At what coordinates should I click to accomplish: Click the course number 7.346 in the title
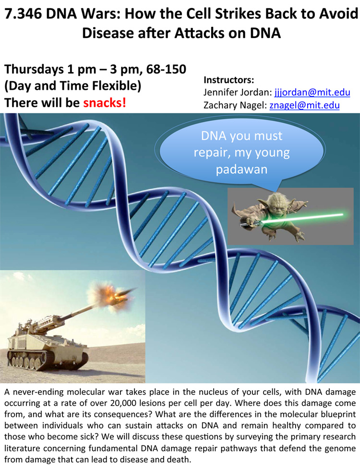pyautogui.click(x=23, y=14)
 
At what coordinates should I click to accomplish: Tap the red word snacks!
pyautogui.click(x=105, y=103)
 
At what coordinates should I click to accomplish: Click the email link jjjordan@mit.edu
pyautogui.click(x=312, y=93)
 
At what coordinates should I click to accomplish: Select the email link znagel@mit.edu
pyautogui.click(x=304, y=105)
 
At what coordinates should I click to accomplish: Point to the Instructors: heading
pyautogui.click(x=228, y=80)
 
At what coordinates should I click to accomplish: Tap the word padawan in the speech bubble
pyautogui.click(x=241, y=169)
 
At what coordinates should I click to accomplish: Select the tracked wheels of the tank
pyautogui.click(x=45, y=360)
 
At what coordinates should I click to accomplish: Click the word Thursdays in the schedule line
pyautogui.click(x=34, y=70)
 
